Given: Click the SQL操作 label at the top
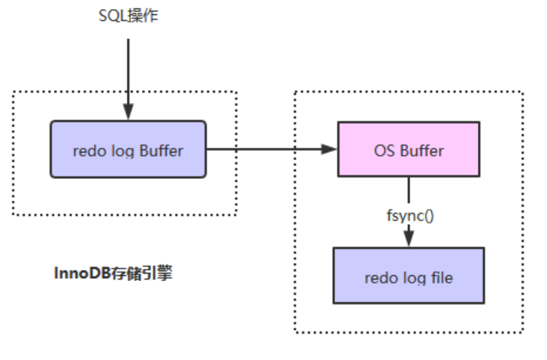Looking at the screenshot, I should (x=128, y=15).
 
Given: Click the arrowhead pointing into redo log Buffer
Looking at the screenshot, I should (x=128, y=113).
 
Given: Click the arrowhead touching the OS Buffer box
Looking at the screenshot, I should (x=328, y=150).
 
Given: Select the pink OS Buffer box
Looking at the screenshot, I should (x=409, y=150).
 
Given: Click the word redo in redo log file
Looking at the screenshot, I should (x=378, y=277).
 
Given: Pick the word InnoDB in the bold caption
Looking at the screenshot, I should (x=81, y=273).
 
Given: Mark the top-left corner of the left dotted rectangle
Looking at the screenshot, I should (x=14, y=92).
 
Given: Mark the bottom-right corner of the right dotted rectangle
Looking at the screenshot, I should (x=523, y=331).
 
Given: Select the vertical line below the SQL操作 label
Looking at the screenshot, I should (x=128, y=68).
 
